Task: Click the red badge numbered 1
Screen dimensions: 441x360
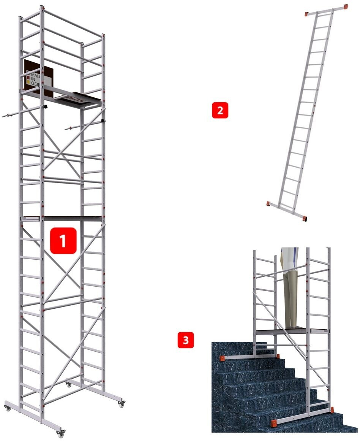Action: (x=63, y=241)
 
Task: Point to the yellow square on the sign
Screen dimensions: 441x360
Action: (x=28, y=81)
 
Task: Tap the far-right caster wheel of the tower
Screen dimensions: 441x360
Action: (x=121, y=404)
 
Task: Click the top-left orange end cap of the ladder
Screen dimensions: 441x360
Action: (x=307, y=14)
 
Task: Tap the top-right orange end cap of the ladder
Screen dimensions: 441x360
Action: (x=346, y=7)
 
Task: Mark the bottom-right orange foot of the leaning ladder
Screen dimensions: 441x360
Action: (x=304, y=219)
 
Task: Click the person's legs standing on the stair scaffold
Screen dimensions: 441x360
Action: (x=290, y=293)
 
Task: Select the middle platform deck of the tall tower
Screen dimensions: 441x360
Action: (x=72, y=218)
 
